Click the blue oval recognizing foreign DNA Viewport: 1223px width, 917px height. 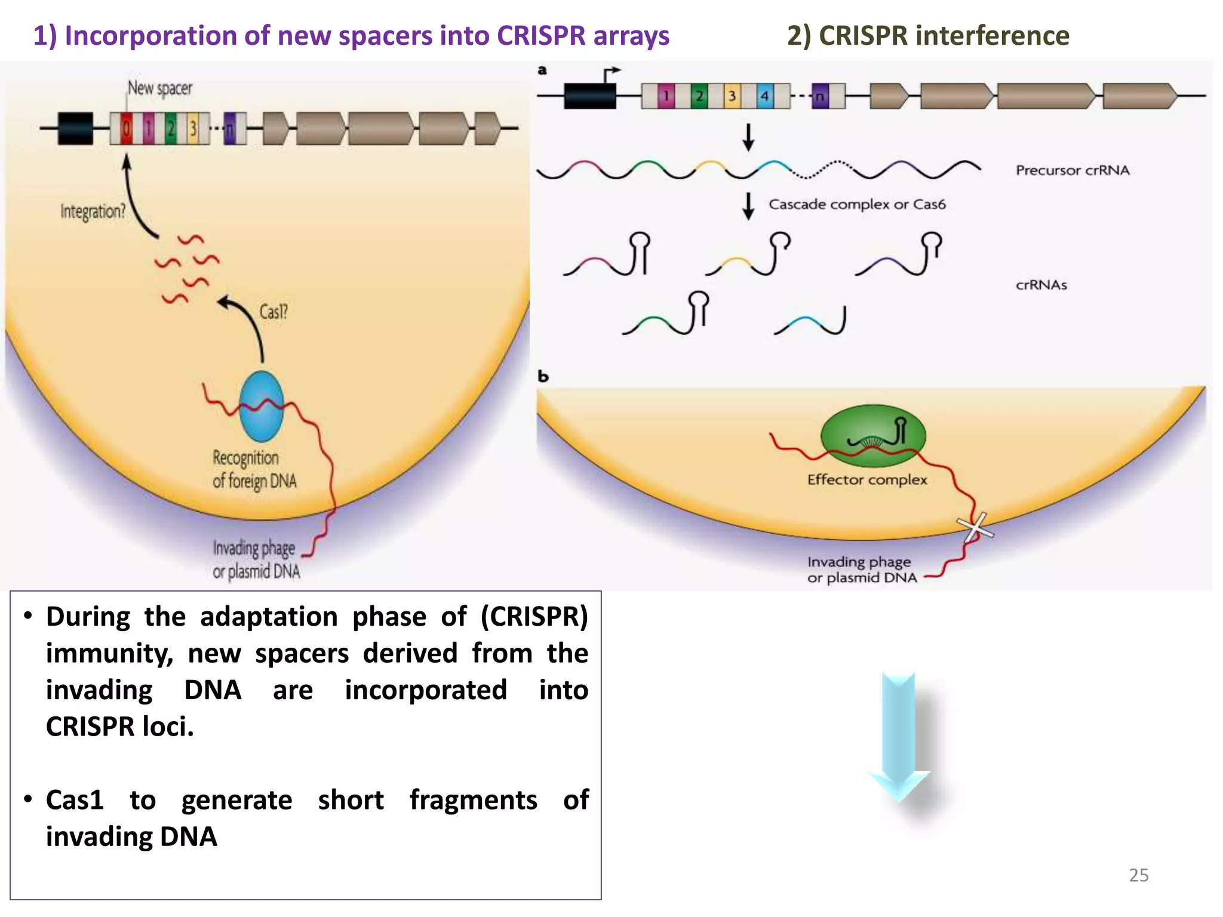coord(261,406)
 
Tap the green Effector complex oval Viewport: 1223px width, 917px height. coord(873,436)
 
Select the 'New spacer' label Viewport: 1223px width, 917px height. coord(160,88)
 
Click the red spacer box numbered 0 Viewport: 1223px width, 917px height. coord(127,128)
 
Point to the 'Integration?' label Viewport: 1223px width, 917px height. coord(93,211)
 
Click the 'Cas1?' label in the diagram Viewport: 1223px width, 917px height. coord(274,312)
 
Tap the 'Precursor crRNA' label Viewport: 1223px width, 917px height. coord(1073,170)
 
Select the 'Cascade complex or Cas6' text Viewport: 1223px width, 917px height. coord(857,204)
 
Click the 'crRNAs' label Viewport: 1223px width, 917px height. coord(1041,285)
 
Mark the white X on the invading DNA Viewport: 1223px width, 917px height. coord(975,527)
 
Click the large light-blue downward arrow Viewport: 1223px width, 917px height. coord(899,737)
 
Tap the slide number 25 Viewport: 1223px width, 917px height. coord(1138,875)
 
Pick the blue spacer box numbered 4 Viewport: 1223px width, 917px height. coord(764,96)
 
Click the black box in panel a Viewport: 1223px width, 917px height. coord(589,96)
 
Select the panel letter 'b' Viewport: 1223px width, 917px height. coord(543,376)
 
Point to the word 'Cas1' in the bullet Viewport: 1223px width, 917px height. coord(75,800)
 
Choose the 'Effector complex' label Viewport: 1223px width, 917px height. coord(867,479)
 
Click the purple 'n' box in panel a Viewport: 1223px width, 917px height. coord(821,96)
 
